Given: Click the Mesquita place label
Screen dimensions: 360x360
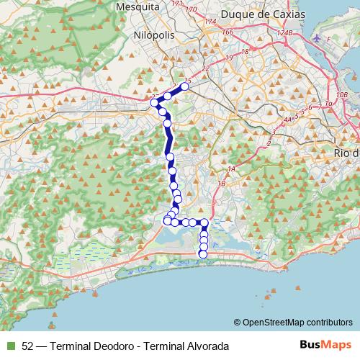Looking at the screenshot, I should (x=136, y=6).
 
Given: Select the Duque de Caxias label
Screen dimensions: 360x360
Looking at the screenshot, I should (x=263, y=14).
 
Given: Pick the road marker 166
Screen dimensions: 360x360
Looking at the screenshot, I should (x=228, y=32).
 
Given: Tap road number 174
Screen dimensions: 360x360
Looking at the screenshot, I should (x=210, y=23).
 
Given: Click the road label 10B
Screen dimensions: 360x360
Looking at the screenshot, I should (x=341, y=94).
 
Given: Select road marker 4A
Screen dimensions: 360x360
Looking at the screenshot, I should (x=289, y=120).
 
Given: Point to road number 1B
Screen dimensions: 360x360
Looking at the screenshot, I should (x=222, y=184).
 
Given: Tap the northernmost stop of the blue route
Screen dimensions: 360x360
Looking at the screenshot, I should (x=184, y=86).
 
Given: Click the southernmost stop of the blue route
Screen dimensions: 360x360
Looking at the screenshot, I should (x=203, y=253).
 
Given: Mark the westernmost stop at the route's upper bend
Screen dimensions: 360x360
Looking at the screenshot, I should (x=154, y=103).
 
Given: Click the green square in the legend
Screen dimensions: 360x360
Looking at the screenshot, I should (x=10, y=346).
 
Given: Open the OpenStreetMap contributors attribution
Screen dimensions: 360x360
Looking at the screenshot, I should (x=297, y=323).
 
